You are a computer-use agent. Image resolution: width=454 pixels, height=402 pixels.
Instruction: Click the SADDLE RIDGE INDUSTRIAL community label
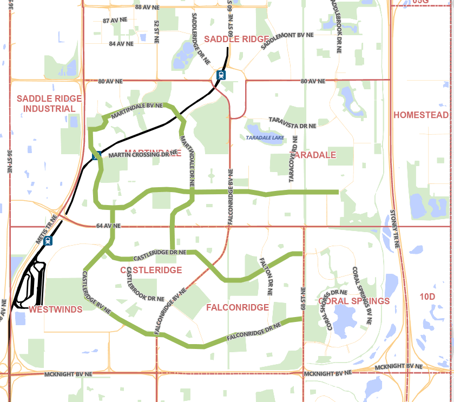(49, 103)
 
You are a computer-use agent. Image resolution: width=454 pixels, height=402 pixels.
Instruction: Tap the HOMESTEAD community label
(421, 115)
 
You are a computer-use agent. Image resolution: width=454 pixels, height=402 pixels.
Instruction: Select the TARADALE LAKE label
(265, 138)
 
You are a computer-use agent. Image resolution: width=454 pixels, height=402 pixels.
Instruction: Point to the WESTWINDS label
(55, 309)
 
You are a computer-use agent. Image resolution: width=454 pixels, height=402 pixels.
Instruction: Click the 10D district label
(427, 296)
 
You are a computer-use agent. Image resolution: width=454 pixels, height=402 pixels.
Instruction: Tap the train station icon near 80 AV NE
(221, 75)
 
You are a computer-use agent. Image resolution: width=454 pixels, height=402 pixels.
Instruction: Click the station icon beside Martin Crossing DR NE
(97, 156)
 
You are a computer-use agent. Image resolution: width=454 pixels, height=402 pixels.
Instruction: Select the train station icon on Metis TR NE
(48, 241)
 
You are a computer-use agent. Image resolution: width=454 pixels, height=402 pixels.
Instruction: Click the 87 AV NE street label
(114, 20)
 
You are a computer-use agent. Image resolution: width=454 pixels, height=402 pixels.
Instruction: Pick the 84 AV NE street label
(121, 43)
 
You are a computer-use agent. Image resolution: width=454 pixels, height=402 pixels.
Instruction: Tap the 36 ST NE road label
(10, 161)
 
